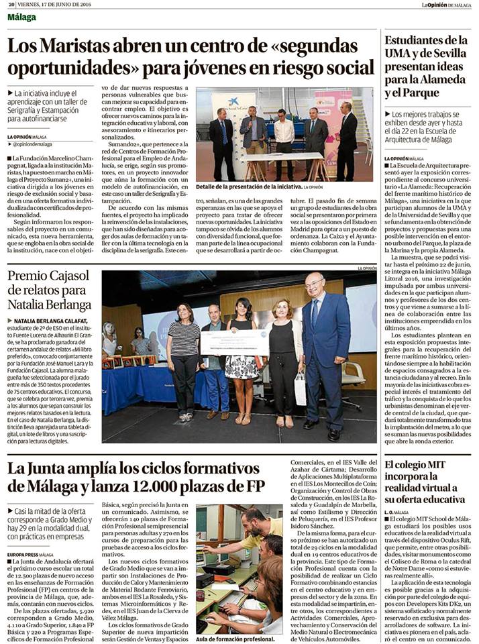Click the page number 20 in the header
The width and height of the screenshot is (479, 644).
11,4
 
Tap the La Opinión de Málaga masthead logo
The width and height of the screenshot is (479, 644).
445,5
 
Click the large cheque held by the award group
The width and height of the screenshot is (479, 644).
234,342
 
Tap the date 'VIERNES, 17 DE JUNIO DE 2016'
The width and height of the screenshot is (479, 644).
54,4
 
